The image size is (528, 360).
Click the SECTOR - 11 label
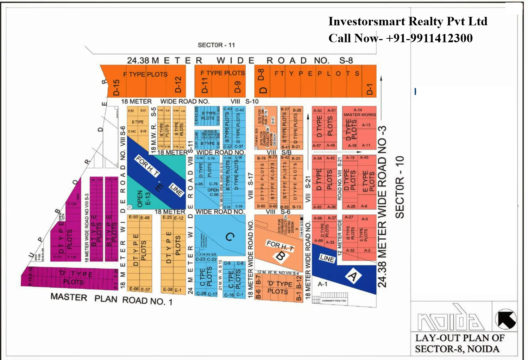tap(216, 45)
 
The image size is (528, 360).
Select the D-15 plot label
tap(117, 87)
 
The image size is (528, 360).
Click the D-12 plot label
tap(178, 85)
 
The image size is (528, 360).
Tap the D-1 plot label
tap(369, 89)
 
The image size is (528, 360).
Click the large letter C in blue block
tap(230, 237)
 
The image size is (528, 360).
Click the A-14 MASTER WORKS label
tap(359, 112)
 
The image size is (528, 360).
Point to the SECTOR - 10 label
tap(400, 187)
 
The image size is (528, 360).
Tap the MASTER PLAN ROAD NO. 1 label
tap(111, 299)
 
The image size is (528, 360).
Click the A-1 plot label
tap(322, 284)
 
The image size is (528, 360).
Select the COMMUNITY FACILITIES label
tap(334, 301)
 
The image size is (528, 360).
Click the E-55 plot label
tap(133, 217)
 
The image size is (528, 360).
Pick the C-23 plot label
tap(200, 259)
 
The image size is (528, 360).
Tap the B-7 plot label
tap(259, 280)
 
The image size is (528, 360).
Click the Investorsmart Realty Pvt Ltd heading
tap(408, 21)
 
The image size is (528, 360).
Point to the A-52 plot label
tap(318, 110)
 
